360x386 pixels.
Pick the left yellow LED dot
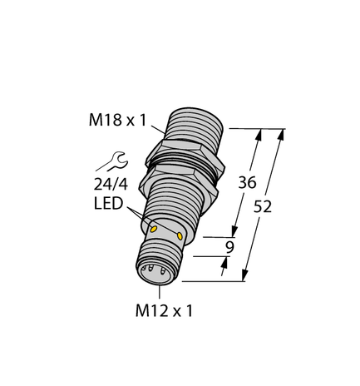(x=153, y=226)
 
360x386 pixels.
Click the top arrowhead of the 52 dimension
(x=284, y=132)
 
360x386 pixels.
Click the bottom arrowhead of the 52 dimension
(x=246, y=277)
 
